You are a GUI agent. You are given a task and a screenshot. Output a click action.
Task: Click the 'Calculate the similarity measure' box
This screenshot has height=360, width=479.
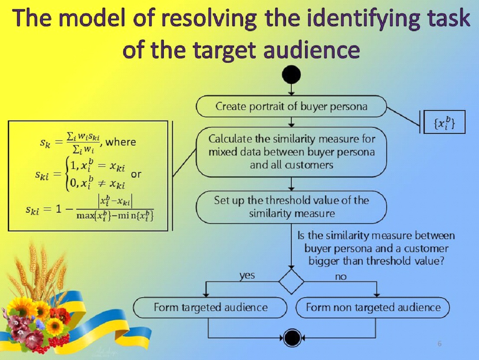[x=291, y=152]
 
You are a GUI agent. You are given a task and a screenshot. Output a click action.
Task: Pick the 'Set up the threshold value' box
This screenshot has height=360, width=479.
[x=291, y=207]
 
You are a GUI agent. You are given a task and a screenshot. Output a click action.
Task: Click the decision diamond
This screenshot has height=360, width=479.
[x=291, y=281]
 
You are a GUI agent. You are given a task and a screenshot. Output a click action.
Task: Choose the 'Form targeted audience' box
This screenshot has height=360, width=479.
[x=211, y=308]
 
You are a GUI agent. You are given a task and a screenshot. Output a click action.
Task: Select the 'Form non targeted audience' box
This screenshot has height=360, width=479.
[x=373, y=308]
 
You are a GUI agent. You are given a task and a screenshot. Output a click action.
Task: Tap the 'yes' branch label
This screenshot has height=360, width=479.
[x=247, y=275]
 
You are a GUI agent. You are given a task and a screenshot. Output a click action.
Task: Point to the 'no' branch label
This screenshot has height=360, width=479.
[x=341, y=277]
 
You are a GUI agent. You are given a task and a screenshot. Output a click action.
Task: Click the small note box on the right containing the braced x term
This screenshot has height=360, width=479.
[x=443, y=122]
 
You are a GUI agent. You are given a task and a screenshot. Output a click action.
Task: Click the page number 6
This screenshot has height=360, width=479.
[x=440, y=344]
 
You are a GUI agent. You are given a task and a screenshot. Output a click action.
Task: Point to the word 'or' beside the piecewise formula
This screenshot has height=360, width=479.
[x=136, y=175]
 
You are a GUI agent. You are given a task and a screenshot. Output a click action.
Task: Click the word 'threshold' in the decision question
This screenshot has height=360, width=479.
[x=394, y=261]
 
